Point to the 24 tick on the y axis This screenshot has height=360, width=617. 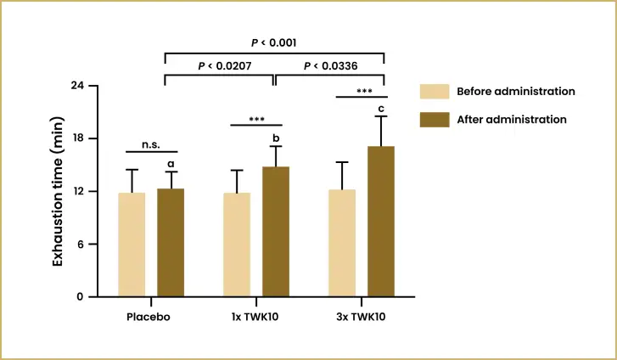(77, 86)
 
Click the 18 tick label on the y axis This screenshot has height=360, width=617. (77, 138)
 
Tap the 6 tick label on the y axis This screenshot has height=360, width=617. (81, 245)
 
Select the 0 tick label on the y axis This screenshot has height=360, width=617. (81, 297)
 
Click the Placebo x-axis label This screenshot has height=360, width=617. (149, 318)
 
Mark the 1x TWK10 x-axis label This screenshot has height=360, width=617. (255, 318)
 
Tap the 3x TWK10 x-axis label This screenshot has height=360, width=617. (362, 318)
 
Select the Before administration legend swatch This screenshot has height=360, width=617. (434, 92)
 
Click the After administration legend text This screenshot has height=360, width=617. (511, 120)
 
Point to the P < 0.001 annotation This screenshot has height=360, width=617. (273, 42)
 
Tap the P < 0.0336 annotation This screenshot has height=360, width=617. (329, 65)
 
